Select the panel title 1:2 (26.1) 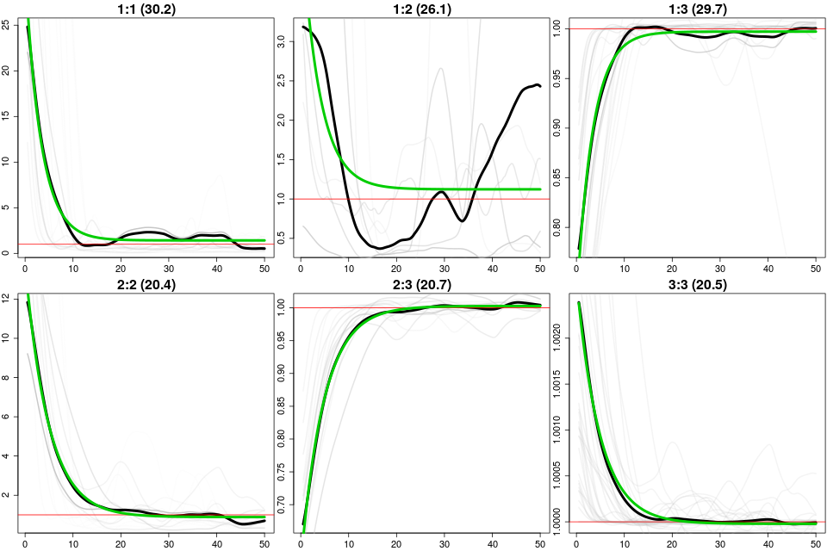421,9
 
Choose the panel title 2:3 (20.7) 421,285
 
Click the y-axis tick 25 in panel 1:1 8,25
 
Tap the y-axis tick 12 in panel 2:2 8,298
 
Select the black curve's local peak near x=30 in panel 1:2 441,191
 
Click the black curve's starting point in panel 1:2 303,28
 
